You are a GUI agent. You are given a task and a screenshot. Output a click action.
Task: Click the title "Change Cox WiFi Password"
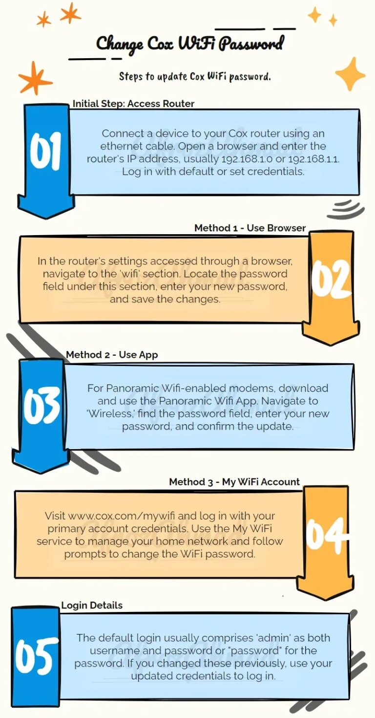click(189, 44)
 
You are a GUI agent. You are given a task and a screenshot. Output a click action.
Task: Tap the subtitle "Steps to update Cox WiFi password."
click(194, 77)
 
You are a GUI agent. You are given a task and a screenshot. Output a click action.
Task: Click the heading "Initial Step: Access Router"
click(133, 104)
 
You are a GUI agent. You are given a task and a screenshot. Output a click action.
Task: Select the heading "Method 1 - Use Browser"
click(250, 228)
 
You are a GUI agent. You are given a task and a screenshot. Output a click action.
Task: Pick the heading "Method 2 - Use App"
click(112, 355)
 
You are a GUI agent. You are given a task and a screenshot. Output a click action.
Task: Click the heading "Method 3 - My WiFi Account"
click(234, 482)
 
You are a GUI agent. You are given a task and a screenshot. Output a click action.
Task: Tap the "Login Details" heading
click(92, 605)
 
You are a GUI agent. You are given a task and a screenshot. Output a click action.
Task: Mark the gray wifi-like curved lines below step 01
click(346, 209)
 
